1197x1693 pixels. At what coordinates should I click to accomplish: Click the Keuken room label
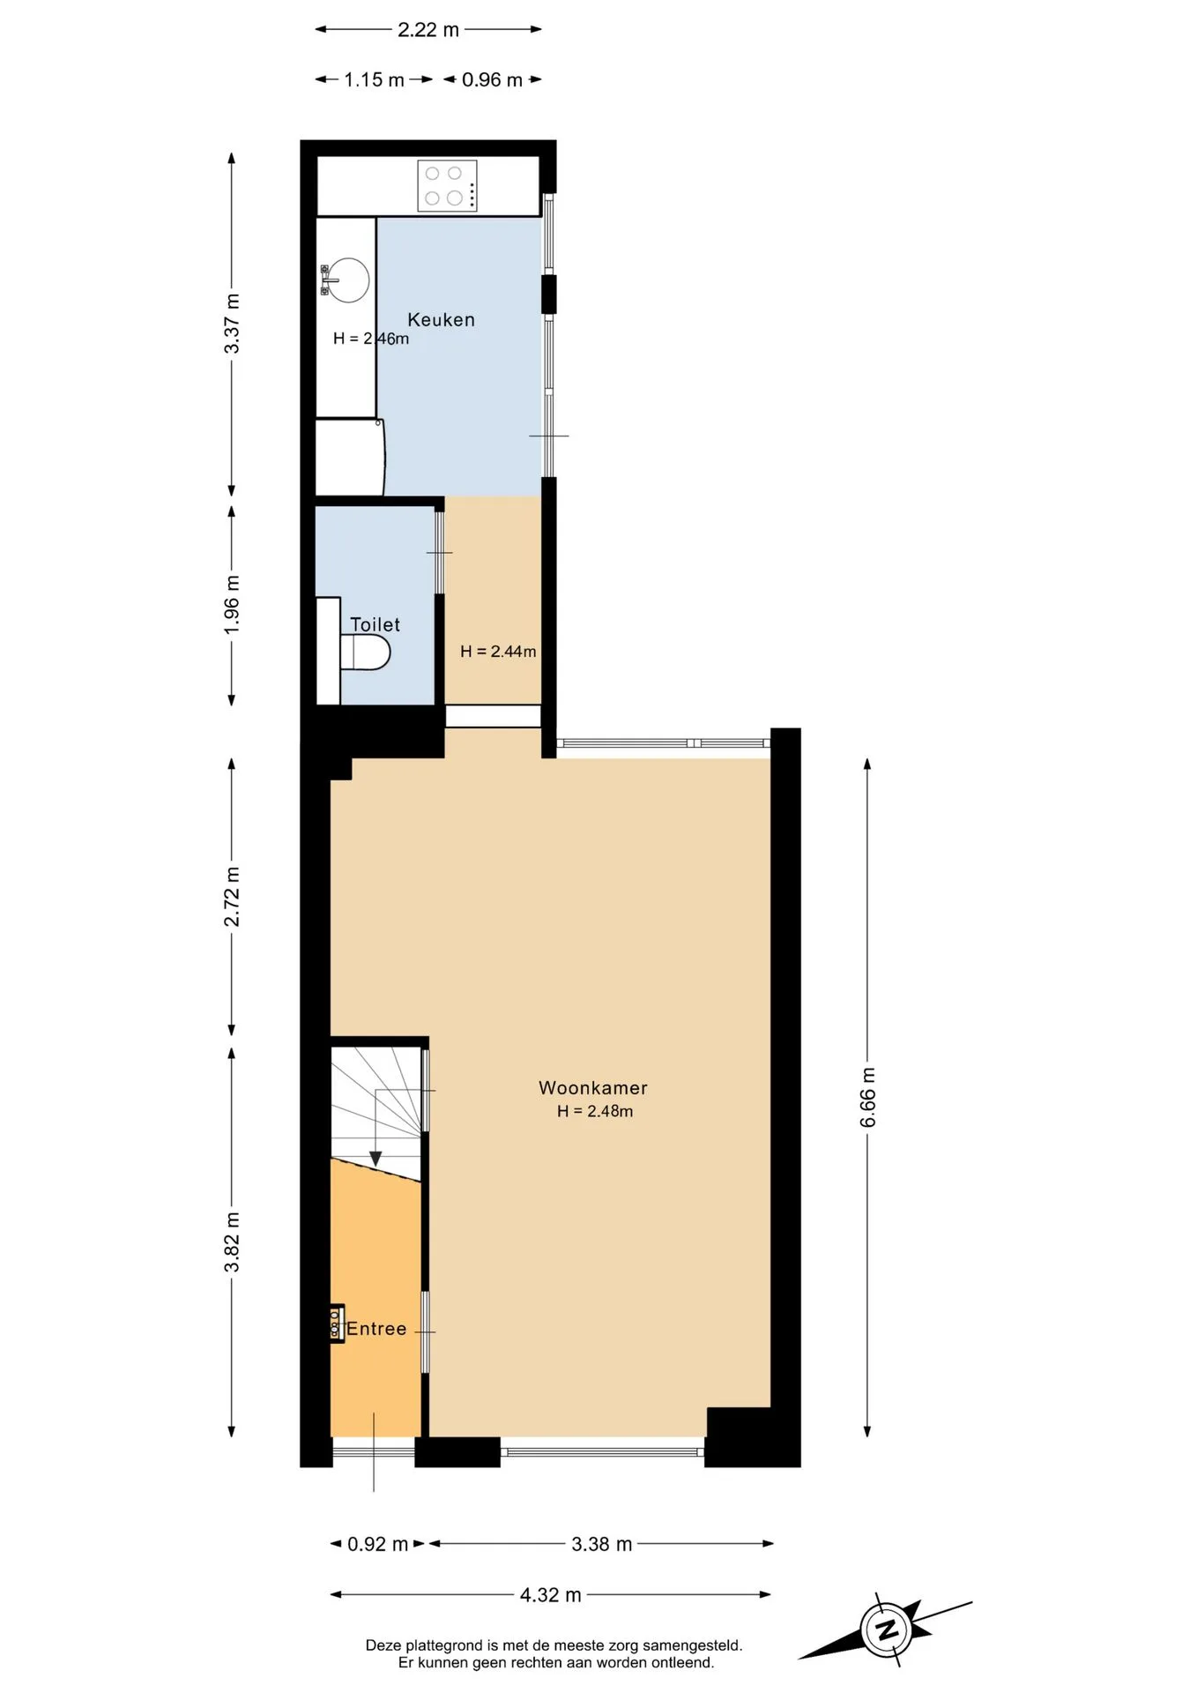[441, 320]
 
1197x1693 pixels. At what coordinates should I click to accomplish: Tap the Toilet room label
[375, 624]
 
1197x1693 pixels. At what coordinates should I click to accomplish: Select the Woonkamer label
[593, 1088]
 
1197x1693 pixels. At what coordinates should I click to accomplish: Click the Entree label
[376, 1329]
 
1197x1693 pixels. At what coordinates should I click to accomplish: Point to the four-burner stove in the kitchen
[447, 185]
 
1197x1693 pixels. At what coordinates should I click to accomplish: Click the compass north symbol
[887, 1628]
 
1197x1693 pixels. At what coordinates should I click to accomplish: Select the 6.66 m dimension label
[868, 1097]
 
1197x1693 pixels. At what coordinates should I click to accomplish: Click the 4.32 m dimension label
[551, 1594]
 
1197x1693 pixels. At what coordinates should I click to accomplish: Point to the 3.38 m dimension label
[602, 1544]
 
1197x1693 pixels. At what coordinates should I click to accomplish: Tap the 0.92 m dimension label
[377, 1544]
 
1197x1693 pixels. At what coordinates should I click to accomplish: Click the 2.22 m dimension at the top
[428, 29]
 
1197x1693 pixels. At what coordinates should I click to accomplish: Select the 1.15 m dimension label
[374, 79]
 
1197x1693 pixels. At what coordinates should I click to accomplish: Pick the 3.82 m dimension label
[232, 1242]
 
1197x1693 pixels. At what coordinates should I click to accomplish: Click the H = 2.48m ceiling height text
[595, 1111]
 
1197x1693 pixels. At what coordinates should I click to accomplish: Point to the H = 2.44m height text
[498, 652]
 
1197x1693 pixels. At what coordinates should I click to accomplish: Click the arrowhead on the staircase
[375, 1158]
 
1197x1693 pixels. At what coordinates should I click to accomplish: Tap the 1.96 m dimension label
[232, 604]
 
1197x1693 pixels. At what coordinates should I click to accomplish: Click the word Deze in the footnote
[383, 1645]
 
